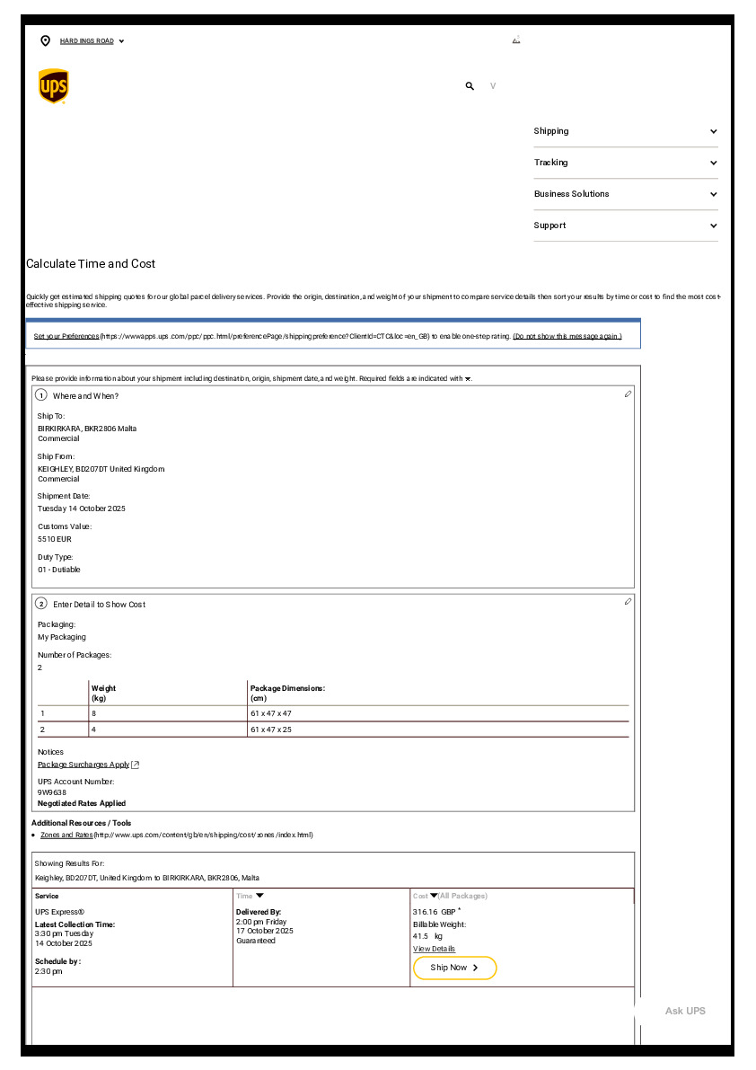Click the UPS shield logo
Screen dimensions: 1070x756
54,86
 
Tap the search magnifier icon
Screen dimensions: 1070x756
470,86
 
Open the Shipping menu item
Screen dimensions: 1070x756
626,131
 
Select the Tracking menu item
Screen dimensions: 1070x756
626,163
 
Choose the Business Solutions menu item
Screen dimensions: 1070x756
626,194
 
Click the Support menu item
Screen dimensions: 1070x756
626,225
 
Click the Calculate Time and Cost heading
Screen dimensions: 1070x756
91,264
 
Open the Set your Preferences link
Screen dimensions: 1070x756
66,336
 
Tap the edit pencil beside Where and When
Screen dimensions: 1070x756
628,394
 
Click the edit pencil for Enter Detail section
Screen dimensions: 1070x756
628,602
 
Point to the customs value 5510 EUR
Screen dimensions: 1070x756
55,539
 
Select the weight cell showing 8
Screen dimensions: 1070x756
93,713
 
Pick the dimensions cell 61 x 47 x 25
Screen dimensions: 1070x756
271,730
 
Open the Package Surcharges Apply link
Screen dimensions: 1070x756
84,765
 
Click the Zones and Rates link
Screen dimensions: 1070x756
66,835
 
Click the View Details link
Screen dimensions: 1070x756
434,949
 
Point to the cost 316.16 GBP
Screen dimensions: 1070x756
435,912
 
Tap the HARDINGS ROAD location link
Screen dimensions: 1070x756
86,41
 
